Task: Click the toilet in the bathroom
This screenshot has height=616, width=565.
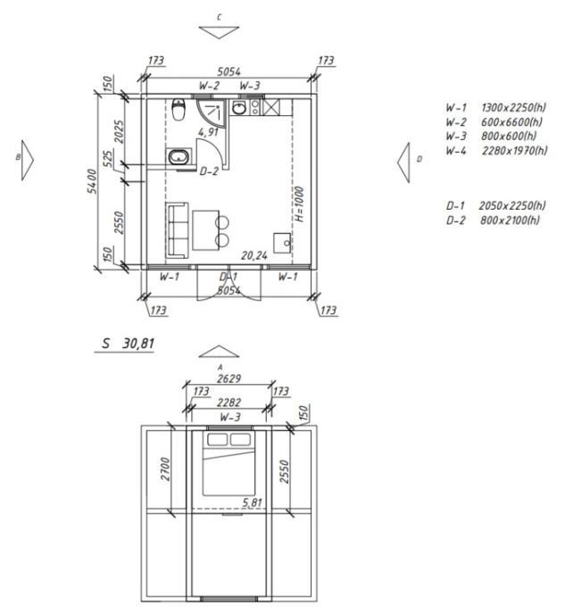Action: [179, 110]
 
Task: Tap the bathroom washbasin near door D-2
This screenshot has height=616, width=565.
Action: [179, 157]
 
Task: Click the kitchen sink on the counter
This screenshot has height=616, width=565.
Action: [239, 107]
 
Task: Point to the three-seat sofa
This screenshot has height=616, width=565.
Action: [177, 230]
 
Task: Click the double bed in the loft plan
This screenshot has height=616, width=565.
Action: [228, 463]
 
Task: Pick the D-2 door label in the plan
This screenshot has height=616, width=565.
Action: [209, 171]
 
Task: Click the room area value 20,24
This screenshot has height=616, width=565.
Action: [254, 255]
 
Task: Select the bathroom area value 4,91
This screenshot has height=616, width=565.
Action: [208, 132]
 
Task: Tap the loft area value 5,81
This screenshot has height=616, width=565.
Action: [252, 503]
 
